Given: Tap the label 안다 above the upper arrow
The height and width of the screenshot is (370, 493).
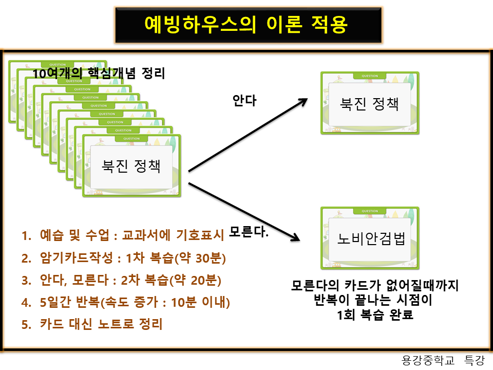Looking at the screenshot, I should point(244,101).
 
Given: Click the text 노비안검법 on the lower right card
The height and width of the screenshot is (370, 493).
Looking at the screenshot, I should point(371,239).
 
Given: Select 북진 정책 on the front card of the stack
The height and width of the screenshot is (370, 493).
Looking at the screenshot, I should point(130,166).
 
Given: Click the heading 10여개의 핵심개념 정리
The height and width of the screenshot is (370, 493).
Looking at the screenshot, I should point(99,73).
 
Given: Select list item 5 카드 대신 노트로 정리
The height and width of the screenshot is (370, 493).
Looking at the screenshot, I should point(92,324).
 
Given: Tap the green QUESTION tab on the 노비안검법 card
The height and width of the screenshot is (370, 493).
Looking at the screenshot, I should point(370,211).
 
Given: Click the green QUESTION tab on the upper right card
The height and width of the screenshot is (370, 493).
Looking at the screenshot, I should point(370,76).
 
